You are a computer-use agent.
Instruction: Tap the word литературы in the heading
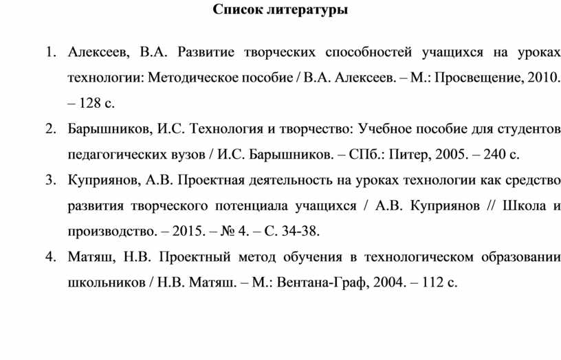[x=307, y=10]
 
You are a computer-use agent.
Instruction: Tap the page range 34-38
[x=300, y=232]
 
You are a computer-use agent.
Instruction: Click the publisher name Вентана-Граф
[x=320, y=282]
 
